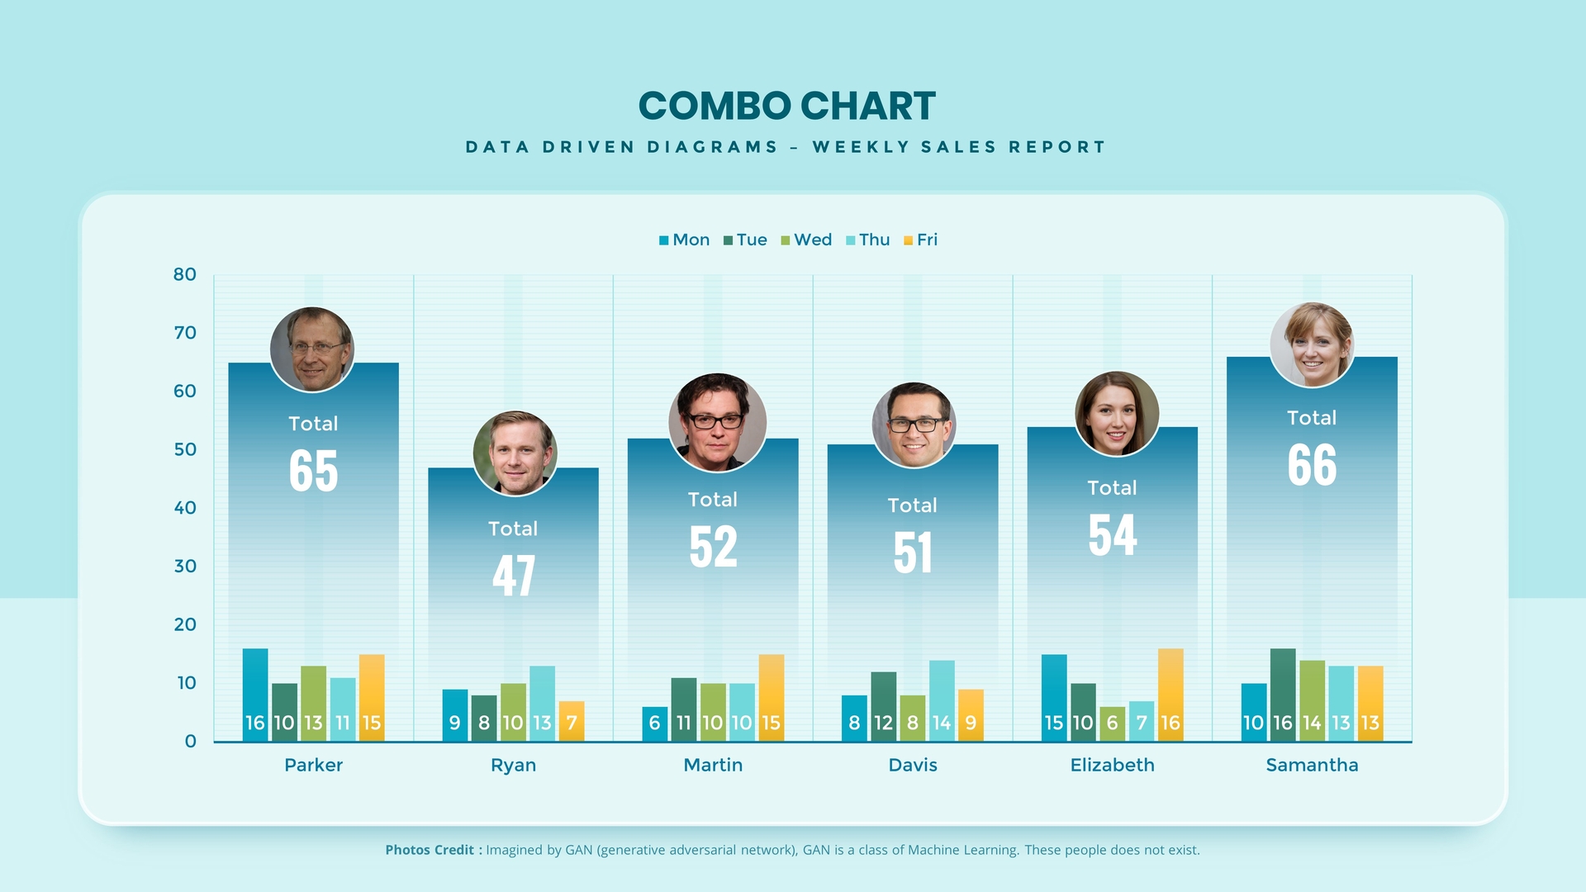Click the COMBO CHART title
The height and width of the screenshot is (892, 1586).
[786, 107]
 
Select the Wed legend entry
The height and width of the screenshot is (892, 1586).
[806, 240]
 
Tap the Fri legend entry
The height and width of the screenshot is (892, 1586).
[921, 240]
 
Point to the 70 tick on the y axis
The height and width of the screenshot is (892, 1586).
[185, 333]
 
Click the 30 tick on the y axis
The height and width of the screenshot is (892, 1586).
[185, 566]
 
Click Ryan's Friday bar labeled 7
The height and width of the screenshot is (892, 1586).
[572, 721]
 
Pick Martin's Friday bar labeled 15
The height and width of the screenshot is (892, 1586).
[771, 698]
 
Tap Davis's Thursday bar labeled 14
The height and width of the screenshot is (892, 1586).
[942, 700]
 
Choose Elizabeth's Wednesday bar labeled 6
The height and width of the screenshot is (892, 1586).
[1112, 724]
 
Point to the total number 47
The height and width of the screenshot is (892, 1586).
[513, 576]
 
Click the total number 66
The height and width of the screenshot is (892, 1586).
[1312, 465]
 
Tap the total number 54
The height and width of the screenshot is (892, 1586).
[1112, 535]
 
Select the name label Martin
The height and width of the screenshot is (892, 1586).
[713, 765]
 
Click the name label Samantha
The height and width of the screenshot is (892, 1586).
[1312, 765]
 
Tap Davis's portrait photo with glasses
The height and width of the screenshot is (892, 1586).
[914, 425]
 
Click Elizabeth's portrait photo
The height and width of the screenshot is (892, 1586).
[1116, 413]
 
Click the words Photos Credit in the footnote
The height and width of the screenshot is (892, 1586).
[430, 850]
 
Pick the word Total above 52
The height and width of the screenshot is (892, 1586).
[713, 500]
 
